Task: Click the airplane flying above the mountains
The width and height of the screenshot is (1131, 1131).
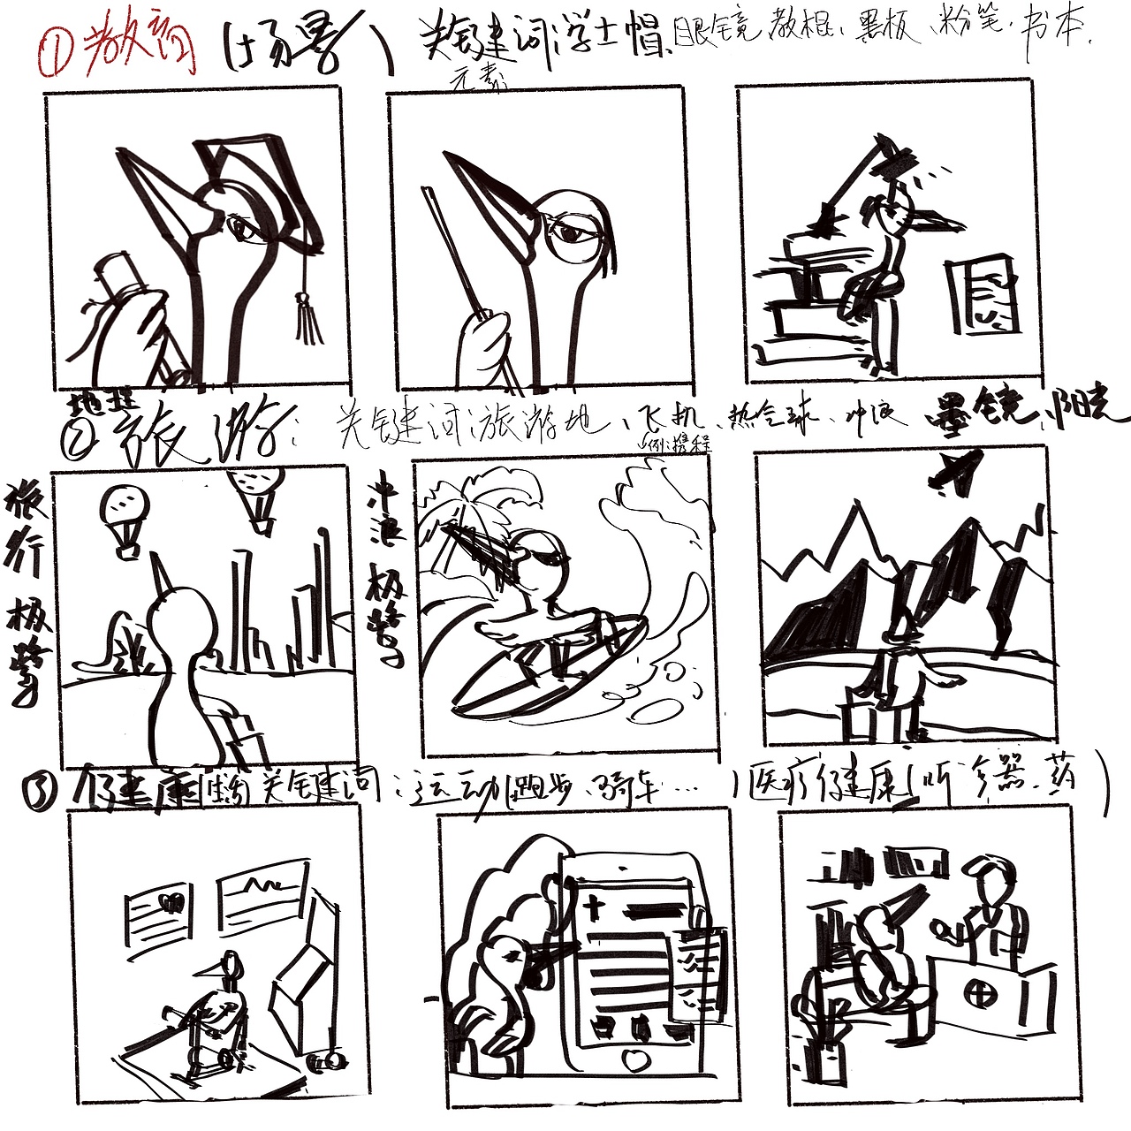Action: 954,471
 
